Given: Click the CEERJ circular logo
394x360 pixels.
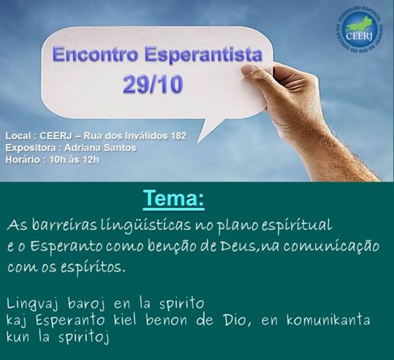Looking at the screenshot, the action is (359, 30).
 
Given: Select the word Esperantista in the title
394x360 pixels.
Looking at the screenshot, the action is (204, 56).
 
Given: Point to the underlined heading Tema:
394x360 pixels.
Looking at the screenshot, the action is (174, 199).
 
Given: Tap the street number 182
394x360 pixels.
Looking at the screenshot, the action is (178, 136).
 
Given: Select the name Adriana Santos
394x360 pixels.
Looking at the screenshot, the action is (101, 148).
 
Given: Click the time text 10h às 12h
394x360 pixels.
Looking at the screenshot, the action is (74, 159).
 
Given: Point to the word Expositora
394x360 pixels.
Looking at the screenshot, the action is (31, 148).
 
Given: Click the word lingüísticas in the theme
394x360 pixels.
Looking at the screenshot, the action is (145, 225).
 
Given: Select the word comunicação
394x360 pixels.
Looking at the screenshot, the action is (331, 246).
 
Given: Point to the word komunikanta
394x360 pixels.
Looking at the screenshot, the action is (328, 320).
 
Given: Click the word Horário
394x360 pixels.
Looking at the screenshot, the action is (22, 159).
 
